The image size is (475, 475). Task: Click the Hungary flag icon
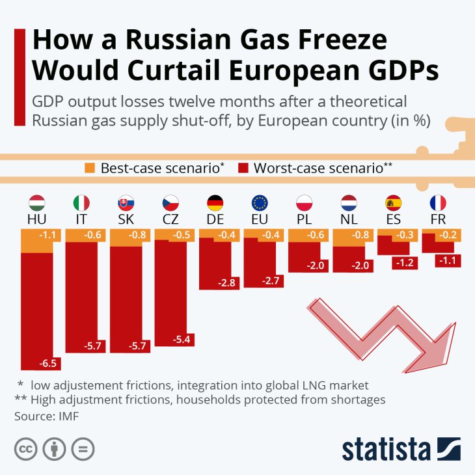pyautogui.click(x=37, y=202)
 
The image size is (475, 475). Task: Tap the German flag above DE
pyautogui.click(x=215, y=202)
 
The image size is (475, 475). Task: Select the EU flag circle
pyautogui.click(x=259, y=202)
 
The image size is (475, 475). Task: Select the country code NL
pyautogui.click(x=349, y=219)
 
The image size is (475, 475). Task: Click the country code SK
pyautogui.click(x=126, y=219)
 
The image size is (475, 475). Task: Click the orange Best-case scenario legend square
pyautogui.click(x=90, y=167)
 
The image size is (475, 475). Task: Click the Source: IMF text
pyautogui.click(x=46, y=415)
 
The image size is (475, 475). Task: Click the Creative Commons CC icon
pyautogui.click(x=25, y=449)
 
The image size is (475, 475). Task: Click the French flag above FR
pyautogui.click(x=437, y=202)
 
